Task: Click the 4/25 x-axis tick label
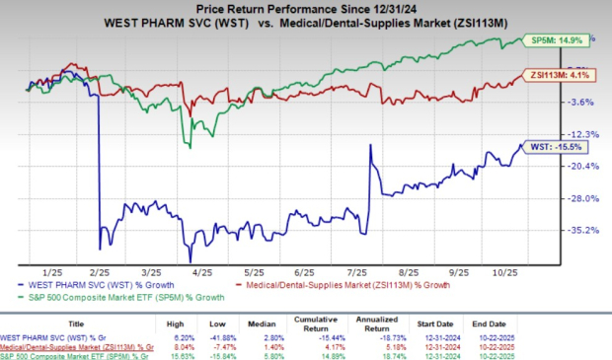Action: coord(203,269)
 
